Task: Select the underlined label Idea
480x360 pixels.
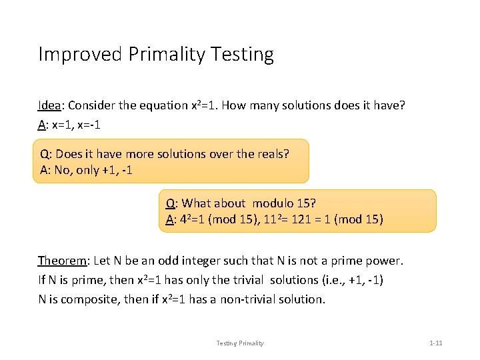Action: click(50, 105)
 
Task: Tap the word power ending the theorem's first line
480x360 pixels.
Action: click(386, 260)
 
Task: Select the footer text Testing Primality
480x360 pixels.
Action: click(240, 343)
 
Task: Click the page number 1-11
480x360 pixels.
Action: click(436, 343)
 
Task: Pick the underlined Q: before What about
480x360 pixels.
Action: click(171, 203)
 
